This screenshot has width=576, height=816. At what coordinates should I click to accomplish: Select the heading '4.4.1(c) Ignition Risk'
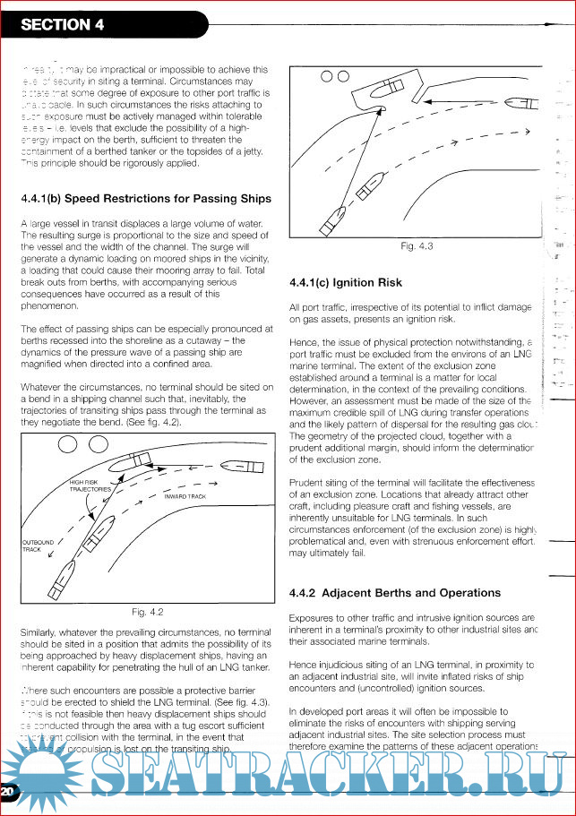click(x=347, y=283)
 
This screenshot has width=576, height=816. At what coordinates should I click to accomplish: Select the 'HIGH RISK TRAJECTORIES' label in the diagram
click(x=90, y=486)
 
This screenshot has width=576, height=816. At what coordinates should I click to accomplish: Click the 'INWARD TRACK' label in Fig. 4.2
click(x=185, y=495)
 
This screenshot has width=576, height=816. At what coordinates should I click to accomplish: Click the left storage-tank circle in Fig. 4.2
click(x=69, y=444)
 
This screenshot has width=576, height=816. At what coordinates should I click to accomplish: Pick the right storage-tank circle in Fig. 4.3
click(x=343, y=77)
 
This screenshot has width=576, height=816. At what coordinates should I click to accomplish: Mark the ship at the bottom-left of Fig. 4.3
click(x=331, y=219)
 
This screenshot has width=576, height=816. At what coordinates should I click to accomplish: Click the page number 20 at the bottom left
click(x=8, y=793)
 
